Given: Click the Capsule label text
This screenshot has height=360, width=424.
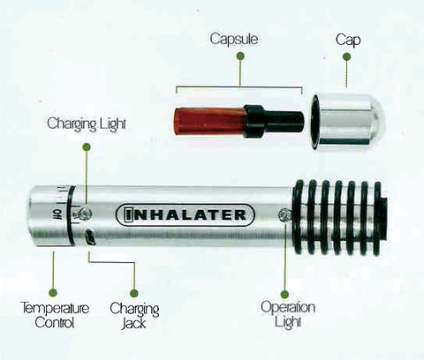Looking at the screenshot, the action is pos(234,39).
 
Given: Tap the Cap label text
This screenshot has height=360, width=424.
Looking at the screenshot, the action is pos(348,40).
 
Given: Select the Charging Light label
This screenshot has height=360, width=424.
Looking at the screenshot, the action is pos(87,124).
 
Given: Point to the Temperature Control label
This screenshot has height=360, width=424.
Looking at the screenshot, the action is pos(55,315).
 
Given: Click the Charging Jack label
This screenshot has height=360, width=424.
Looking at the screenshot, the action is pos(134,316).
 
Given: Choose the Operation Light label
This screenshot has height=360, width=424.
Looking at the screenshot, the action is pos(288,314).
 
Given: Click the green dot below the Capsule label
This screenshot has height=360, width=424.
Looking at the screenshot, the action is pos(240,56).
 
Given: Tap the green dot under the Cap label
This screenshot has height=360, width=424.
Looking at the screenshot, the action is pos(346,56).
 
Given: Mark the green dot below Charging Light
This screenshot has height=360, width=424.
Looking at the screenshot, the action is pos(87,146).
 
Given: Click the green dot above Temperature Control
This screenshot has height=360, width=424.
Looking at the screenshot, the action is pos(53,293).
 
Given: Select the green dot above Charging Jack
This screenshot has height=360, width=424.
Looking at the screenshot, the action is pos(134,293).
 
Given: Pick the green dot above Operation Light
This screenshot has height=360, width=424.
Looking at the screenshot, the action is pos(284,294).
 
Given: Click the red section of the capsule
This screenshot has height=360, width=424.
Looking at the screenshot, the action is pos(209,121).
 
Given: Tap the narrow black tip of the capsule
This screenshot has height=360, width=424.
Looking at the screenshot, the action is pos(285,121).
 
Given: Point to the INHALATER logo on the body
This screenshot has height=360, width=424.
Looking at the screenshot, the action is pos(185,215).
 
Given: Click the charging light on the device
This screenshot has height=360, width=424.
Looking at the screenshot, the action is pos(86,214).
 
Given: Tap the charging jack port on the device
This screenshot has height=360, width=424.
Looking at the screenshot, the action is pos(89,237).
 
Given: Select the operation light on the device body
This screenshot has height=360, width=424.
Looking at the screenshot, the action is pos(284,215).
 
